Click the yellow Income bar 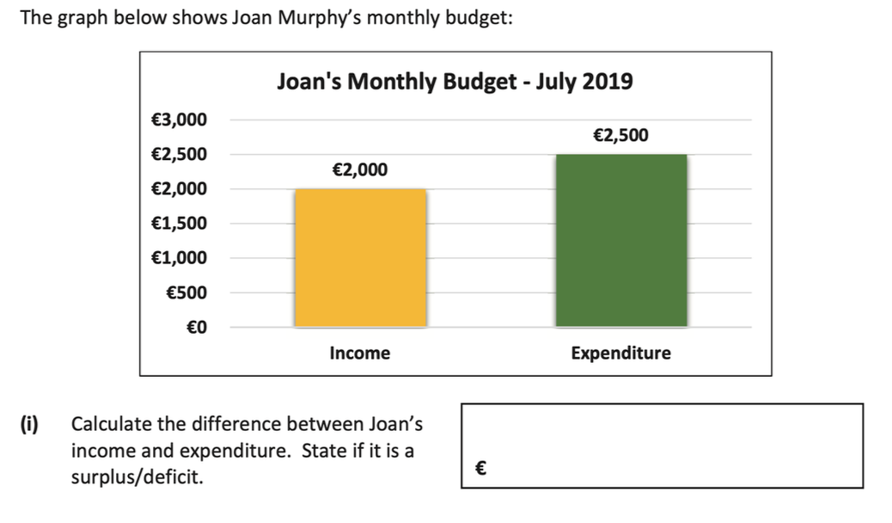pos(360,258)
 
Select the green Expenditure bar pos(620,241)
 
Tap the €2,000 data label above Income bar pos(359,170)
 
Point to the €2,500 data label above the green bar pos(620,135)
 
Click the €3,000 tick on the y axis pos(179,120)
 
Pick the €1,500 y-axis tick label pos(179,224)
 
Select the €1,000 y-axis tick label pos(179,258)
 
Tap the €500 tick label pos(186,292)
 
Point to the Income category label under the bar pos(359,353)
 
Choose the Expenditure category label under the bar pos(620,353)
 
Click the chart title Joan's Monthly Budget pos(455,83)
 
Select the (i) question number pos(30,424)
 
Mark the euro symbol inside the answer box pos(481,469)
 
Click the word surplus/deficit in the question pos(137,477)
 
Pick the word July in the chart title pos(557,83)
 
